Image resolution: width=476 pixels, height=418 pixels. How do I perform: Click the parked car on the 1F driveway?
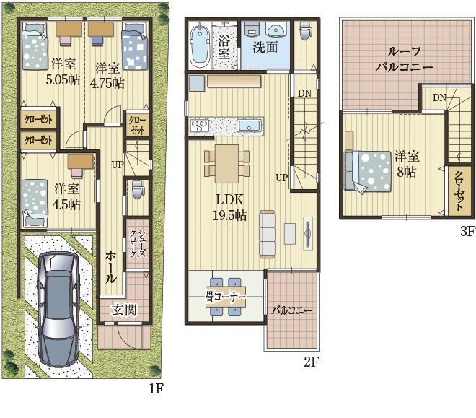tap(58, 309)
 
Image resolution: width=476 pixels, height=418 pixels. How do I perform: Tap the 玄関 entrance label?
tap(124, 310)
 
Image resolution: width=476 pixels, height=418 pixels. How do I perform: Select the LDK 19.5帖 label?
tap(229, 207)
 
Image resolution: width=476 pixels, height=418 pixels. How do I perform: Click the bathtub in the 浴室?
tap(200, 45)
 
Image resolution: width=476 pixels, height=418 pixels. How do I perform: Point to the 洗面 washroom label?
tap(265, 48)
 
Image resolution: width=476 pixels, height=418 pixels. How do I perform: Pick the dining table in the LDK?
tap(226, 163)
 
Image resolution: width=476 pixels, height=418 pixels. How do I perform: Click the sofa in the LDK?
tap(267, 234)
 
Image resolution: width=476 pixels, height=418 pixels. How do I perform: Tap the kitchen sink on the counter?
tap(250, 126)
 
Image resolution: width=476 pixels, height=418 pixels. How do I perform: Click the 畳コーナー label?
tap(226, 297)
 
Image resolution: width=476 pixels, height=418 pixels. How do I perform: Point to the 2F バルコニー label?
tap(291, 310)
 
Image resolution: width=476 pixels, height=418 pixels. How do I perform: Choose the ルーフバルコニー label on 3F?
tap(404, 59)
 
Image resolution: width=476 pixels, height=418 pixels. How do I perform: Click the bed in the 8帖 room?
tap(368, 172)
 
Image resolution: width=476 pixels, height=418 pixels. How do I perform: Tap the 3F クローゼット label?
tap(459, 191)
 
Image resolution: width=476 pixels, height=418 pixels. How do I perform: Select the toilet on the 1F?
tap(138, 190)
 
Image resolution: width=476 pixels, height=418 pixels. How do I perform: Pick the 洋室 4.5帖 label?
tap(66, 197)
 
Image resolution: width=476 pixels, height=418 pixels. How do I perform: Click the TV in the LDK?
tap(308, 234)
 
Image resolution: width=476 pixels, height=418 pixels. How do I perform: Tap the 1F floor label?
tap(157, 388)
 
